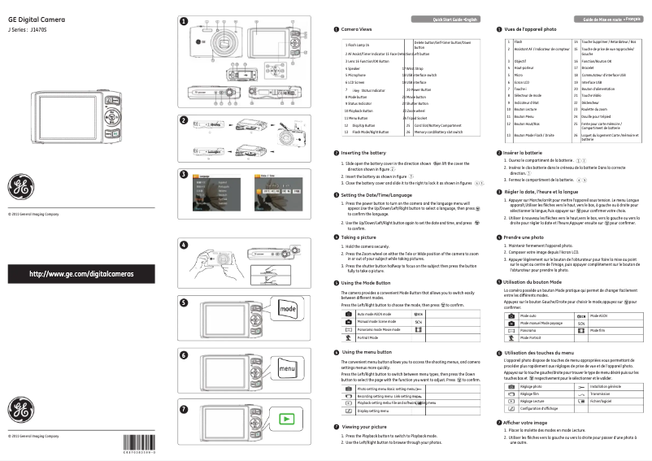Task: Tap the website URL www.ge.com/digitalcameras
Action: [81, 274]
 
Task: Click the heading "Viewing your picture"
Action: [368, 426]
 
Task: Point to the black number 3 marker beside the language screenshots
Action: [184, 174]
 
